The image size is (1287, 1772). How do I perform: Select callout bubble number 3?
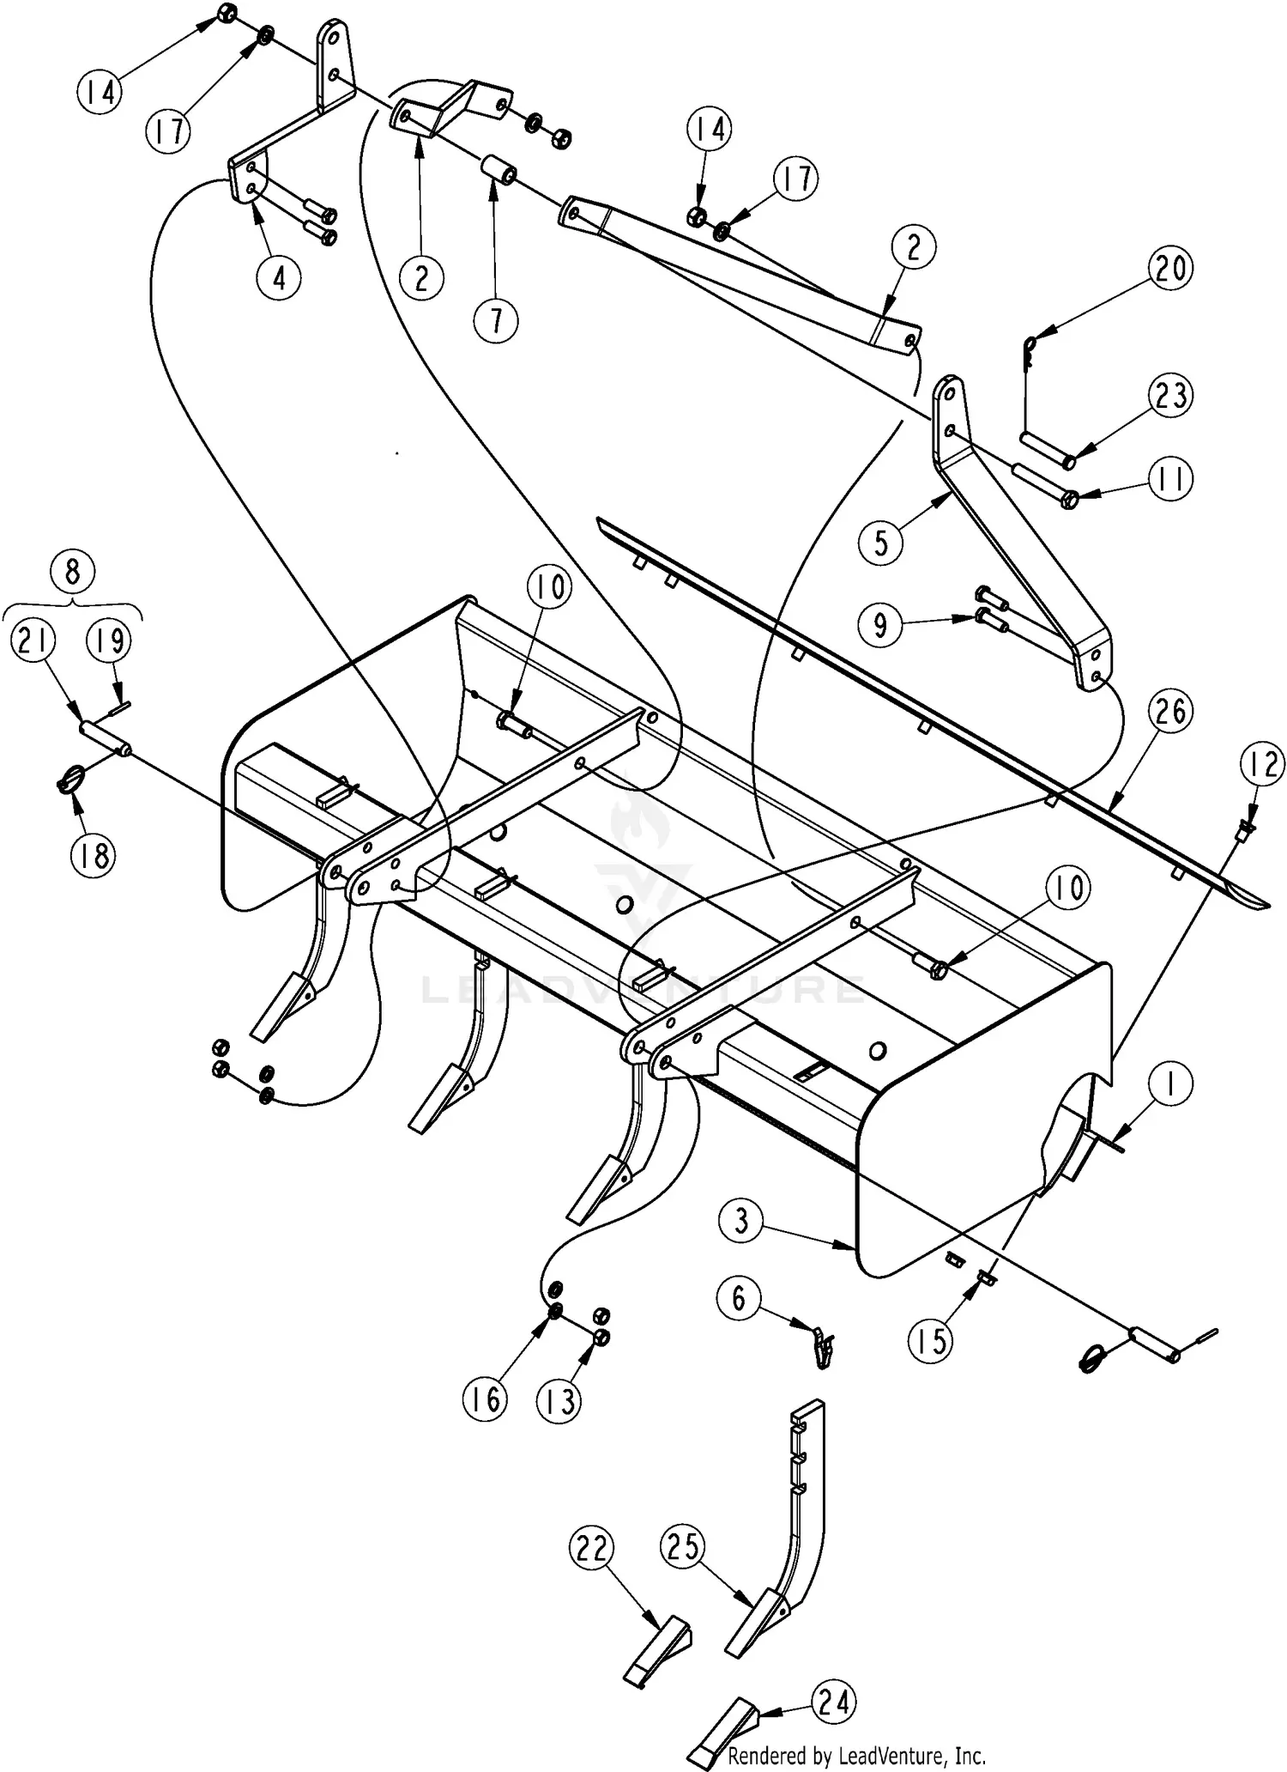741,1221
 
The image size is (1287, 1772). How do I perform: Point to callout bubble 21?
33,641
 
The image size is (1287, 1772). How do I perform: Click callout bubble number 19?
109,641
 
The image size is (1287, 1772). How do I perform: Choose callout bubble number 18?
93,855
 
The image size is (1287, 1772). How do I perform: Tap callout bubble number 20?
1170,269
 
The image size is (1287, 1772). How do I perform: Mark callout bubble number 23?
1170,396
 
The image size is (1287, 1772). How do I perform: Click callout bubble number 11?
1170,479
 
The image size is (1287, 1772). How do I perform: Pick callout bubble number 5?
881,543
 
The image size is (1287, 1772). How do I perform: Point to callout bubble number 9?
881,625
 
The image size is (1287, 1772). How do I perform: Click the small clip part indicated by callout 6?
822,1348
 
